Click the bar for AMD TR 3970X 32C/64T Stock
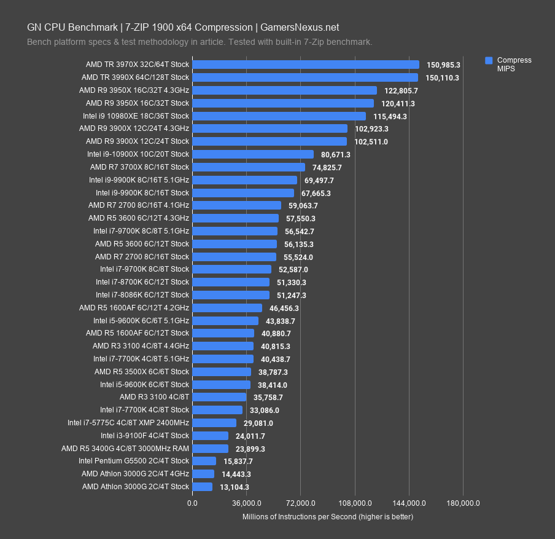point(305,65)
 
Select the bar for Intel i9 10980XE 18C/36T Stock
point(279,116)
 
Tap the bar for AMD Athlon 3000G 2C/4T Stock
point(202,487)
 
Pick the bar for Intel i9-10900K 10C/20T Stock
point(252,154)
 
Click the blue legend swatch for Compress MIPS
point(489,60)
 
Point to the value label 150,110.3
point(443,77)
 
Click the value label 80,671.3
point(335,154)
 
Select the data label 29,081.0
point(258,423)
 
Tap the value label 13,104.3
point(234,487)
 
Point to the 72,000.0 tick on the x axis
point(300,503)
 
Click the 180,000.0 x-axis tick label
point(463,503)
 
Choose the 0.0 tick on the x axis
point(192,503)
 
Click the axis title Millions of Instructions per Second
point(328,517)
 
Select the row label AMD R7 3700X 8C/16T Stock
point(139,167)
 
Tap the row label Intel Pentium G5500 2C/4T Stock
point(134,461)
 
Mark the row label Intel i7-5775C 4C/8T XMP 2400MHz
point(128,423)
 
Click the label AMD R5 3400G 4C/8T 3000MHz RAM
point(125,449)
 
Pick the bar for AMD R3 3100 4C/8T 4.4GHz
point(222,346)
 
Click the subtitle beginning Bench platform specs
point(200,42)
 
